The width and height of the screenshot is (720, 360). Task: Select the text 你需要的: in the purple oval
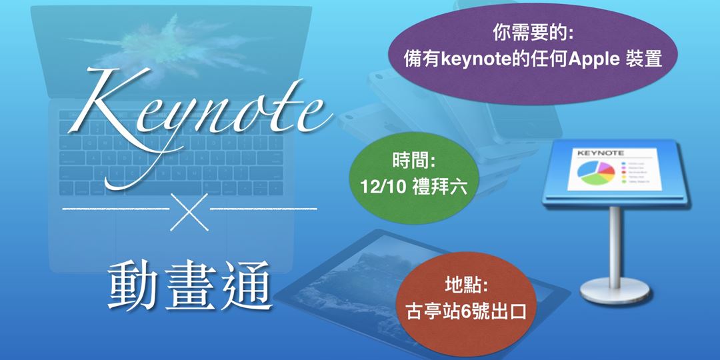pyautogui.click(x=531, y=33)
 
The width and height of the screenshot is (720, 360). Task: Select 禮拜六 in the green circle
pyautogui.click(x=435, y=187)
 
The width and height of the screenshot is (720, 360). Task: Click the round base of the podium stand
pyautogui.click(x=613, y=287)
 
